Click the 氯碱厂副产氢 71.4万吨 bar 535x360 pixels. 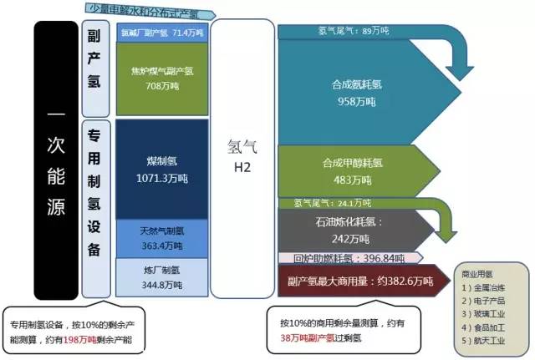coord(161,33)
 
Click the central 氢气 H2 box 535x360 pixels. coord(242,159)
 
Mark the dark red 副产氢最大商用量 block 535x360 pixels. coord(355,282)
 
